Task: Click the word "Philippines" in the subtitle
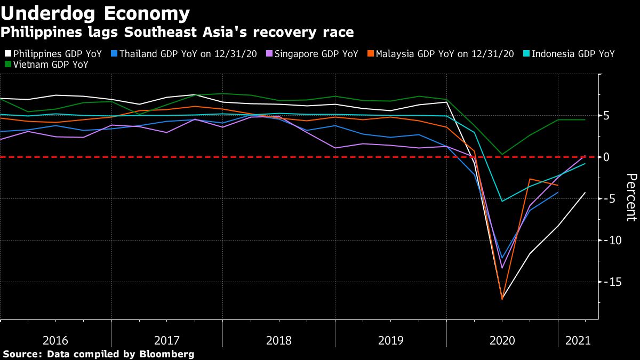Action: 31,33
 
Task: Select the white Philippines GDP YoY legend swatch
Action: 7,54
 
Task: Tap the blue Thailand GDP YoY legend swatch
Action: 114,54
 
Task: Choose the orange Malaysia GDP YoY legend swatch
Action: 370,54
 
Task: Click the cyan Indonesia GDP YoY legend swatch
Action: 526,54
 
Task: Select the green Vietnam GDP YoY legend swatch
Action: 7,65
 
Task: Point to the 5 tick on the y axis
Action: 606,116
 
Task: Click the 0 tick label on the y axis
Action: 606,157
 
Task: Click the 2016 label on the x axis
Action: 55,340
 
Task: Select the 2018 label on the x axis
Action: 279,340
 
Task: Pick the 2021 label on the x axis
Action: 578,340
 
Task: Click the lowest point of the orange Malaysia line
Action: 502,299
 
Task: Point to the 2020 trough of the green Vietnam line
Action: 502,154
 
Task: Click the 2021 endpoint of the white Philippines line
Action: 585,193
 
